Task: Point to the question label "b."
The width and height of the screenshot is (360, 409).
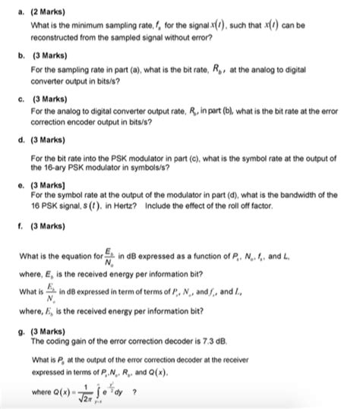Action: tap(13, 56)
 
